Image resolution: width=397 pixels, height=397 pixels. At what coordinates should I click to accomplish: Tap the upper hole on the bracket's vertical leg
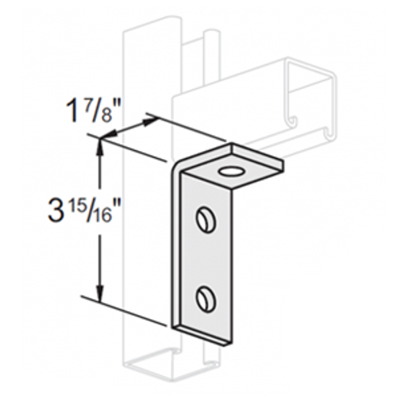click(x=204, y=217)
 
